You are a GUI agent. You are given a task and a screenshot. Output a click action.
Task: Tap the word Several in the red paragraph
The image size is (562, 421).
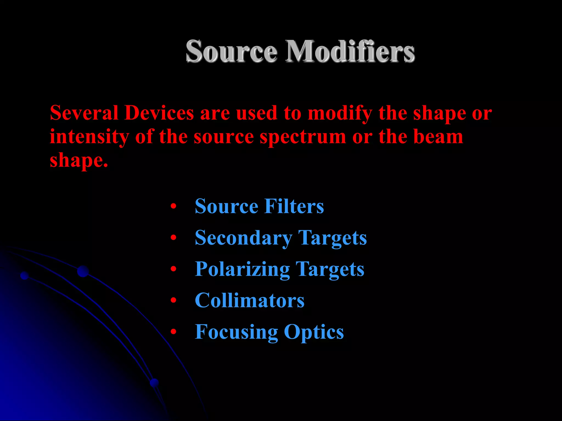[84, 113]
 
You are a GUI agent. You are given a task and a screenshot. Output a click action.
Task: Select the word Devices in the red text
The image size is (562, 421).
[159, 113]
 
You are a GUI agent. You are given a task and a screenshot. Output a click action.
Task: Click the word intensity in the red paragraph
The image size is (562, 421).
[89, 137]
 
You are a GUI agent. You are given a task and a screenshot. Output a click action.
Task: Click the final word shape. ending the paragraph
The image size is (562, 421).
[79, 161]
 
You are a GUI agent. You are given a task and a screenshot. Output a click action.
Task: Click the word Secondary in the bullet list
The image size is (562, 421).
[243, 238]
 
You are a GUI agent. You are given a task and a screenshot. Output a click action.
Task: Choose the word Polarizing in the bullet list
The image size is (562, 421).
[242, 269]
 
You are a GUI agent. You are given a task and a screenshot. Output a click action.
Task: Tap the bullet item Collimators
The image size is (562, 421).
[249, 301]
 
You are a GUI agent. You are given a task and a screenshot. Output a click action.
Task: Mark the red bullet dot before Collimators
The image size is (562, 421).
[173, 301]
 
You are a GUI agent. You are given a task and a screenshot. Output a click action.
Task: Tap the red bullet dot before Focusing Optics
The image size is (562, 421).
[173, 332]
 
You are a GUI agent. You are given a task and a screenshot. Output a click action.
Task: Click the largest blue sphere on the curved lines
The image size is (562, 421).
[83, 271]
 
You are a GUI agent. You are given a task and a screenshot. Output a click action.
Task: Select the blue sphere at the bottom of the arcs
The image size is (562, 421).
[154, 382]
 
